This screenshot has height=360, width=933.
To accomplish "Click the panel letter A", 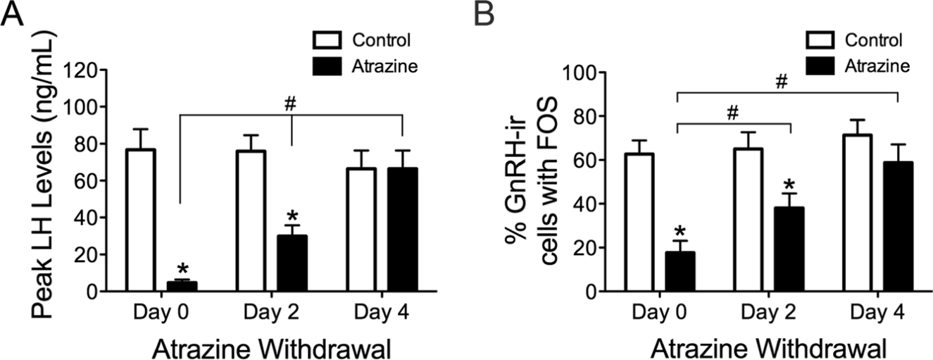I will [x=15, y=15].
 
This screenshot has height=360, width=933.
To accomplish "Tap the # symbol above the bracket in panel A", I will [x=290, y=102].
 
